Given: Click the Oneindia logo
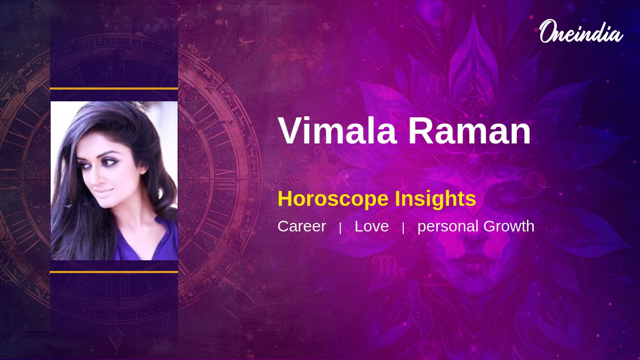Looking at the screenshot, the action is pos(581,31).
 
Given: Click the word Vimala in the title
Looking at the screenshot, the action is pos(338,131).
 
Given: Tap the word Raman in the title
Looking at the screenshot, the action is pos(469,131).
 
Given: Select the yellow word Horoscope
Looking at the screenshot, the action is pos(333,199).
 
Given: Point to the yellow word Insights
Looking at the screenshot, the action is pos(435,198).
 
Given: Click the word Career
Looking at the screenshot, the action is pos(302,226).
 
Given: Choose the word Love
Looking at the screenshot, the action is pos(372,226).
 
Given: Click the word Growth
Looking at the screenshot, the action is pos(509,226).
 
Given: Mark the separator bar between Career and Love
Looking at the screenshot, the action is pos(340,228).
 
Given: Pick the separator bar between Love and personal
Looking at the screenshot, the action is pos(403,228).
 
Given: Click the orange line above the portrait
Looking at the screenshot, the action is pos(114,89).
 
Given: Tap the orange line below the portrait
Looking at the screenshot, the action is pos(114,272).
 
